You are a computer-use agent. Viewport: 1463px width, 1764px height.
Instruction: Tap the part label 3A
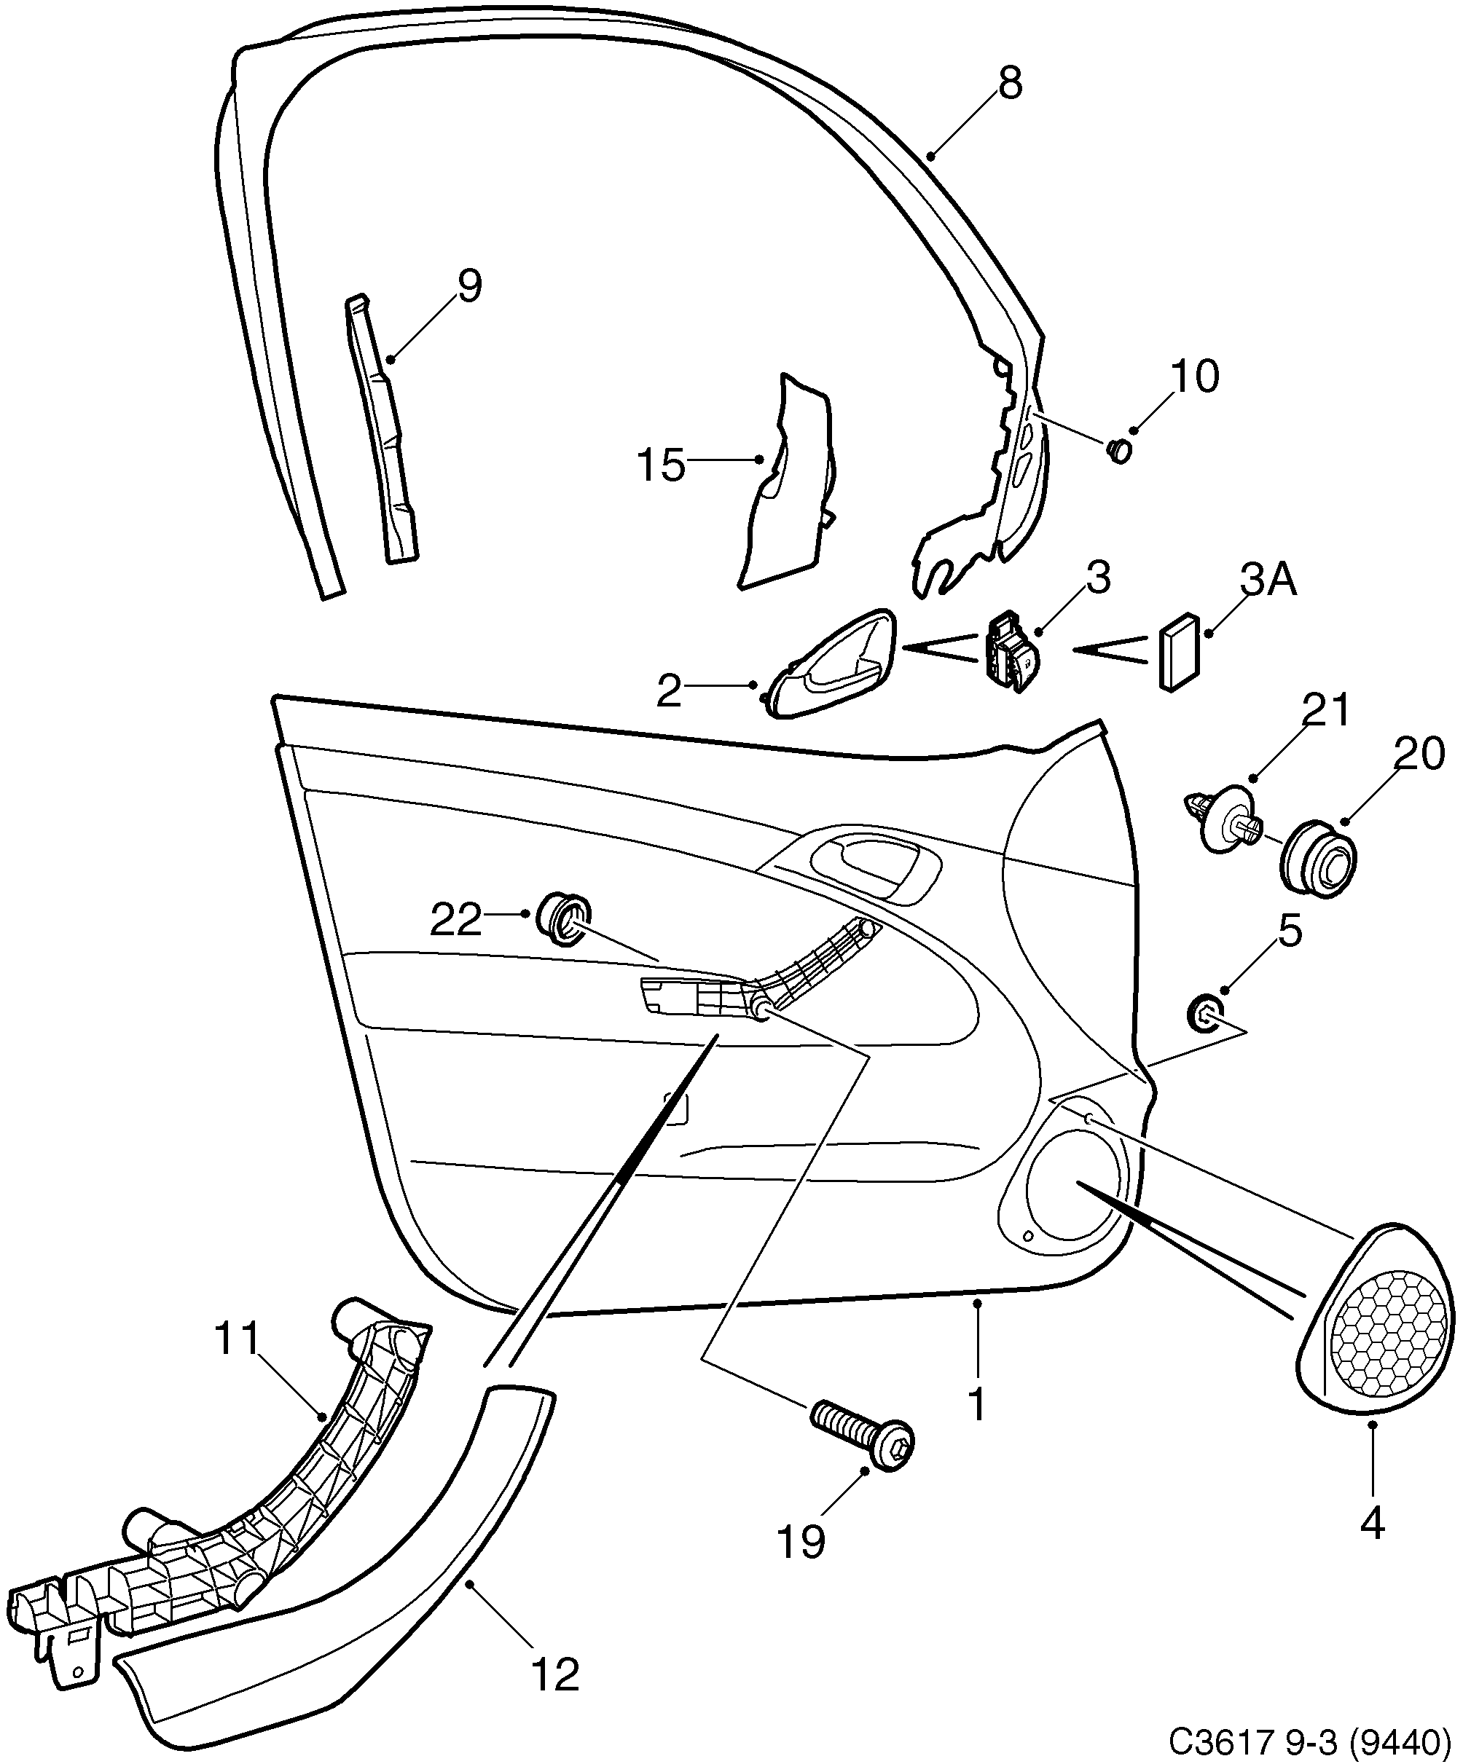point(1268,580)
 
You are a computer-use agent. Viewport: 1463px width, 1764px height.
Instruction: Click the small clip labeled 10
point(1119,451)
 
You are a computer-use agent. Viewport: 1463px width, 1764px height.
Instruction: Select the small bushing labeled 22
point(564,920)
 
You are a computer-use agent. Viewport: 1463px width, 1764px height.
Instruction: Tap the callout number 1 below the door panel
point(976,1403)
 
